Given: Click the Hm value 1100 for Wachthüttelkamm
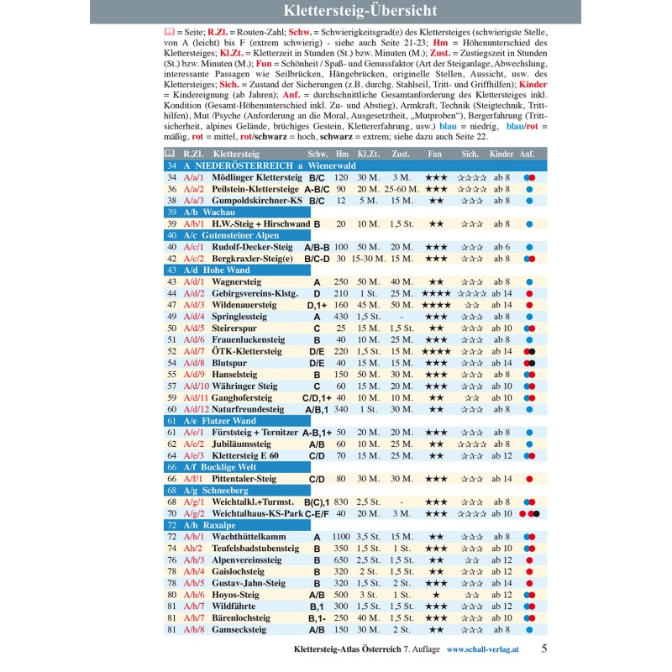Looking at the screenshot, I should pos(341,536).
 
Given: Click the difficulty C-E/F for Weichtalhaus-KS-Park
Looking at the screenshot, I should pos(317,513).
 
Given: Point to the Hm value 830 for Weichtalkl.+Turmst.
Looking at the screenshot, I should pos(341,501).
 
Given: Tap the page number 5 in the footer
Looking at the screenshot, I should pos(544,648).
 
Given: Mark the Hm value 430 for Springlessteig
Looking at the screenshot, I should pos(341,317).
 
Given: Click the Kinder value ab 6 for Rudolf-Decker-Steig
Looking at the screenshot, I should pos(501,247).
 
